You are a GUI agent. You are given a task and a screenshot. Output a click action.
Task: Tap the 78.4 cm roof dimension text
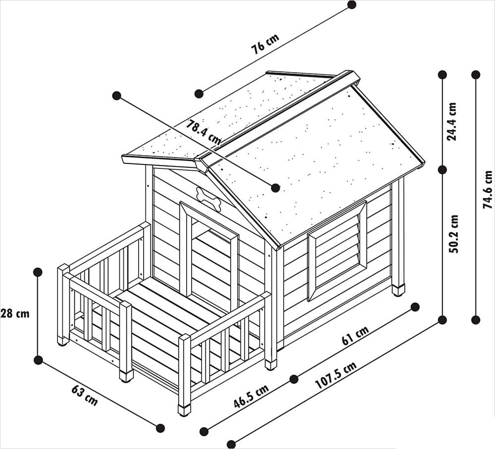point(203,132)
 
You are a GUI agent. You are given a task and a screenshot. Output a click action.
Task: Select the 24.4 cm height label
point(452,121)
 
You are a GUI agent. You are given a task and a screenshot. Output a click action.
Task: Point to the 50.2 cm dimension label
point(453,234)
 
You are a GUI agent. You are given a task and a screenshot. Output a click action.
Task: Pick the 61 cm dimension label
point(355,336)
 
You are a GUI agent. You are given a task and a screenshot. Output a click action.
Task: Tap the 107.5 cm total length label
point(336,375)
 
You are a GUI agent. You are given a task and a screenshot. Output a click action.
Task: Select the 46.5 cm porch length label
point(251,397)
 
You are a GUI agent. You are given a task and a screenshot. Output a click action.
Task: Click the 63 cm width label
point(85,396)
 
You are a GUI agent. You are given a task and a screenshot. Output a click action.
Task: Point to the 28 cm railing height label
point(15,314)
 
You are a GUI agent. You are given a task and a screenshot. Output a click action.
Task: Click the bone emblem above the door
point(208,199)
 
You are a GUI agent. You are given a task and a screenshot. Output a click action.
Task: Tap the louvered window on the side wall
point(337,250)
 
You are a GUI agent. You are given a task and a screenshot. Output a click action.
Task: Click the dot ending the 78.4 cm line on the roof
point(276,188)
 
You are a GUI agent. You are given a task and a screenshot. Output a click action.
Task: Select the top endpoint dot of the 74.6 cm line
point(476,75)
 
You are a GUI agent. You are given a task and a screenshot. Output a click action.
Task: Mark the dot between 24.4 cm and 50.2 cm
point(442,170)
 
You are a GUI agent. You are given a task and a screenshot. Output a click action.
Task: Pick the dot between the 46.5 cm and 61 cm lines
point(294,379)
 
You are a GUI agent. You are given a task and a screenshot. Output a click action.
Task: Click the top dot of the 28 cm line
point(38,272)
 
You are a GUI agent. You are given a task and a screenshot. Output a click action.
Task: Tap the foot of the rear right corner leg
point(398,291)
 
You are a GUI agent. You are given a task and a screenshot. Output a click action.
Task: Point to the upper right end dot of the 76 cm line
point(351,5)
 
